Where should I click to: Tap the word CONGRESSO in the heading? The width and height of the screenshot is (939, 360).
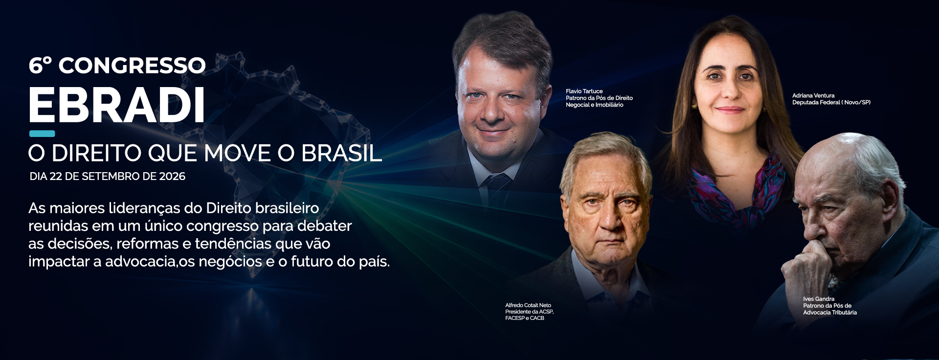coord(132,66)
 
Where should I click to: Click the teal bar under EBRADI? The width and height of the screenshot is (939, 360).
coord(42,134)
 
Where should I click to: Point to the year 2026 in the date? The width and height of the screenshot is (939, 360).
coord(172,177)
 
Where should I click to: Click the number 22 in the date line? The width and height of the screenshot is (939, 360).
coord(56,177)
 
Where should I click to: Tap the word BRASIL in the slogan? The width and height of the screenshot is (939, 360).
coord(341,153)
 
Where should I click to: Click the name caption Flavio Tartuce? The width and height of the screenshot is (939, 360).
coord(584,91)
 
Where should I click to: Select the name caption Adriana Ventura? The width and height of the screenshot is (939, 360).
coord(813,96)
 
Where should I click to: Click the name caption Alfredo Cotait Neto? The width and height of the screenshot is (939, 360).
coord(528,305)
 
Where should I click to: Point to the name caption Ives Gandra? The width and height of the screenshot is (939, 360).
coord(819,299)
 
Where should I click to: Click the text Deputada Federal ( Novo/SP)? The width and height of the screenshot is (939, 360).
coord(831,103)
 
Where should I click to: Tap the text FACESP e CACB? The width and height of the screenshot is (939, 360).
coord(525,318)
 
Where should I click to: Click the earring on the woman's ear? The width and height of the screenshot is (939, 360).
coord(693,106)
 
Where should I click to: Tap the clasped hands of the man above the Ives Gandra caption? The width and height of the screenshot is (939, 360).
coord(812,267)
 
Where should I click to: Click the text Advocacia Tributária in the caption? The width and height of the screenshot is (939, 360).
coord(830,313)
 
